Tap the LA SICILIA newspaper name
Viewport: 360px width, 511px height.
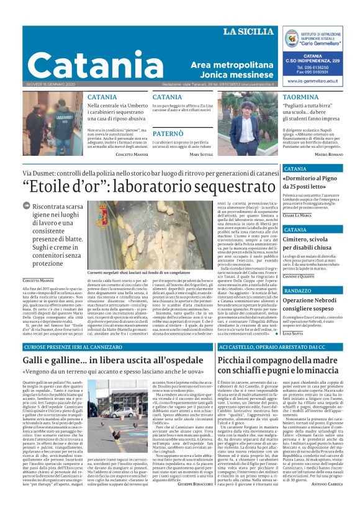click(248, 32)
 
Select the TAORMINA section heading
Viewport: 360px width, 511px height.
click(300, 97)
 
